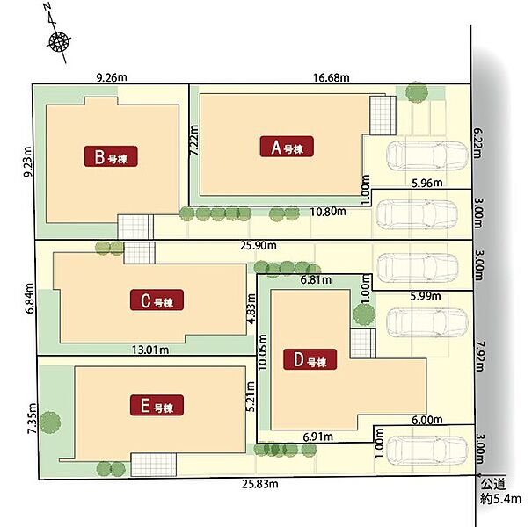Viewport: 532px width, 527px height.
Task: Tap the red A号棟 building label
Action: pyautogui.click(x=287, y=147)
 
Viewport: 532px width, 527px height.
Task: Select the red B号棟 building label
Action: pyautogui.click(x=111, y=156)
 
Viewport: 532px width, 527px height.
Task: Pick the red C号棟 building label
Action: pyautogui.click(x=157, y=300)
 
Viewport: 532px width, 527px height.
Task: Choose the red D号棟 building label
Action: pyautogui.click(x=310, y=359)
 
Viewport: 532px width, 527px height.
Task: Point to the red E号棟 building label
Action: pyautogui.click(x=157, y=405)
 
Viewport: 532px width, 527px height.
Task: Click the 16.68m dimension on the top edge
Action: pyautogui.click(x=331, y=77)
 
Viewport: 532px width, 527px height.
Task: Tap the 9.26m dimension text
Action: pyautogui.click(x=112, y=77)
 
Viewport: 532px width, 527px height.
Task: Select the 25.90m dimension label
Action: pyautogui.click(x=259, y=245)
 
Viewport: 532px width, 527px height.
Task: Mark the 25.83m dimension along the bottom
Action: pyautogui.click(x=260, y=484)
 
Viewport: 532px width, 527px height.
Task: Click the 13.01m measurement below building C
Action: pyautogui.click(x=150, y=350)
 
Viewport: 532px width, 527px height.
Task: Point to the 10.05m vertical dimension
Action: pyautogui.click(x=263, y=351)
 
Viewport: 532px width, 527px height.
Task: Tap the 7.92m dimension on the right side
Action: pyautogui.click(x=478, y=356)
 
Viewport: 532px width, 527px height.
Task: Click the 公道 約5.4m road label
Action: pyautogui.click(x=499, y=491)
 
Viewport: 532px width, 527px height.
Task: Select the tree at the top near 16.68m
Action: pyautogui.click(x=417, y=92)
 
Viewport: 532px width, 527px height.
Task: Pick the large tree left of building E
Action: pyautogui.click(x=50, y=422)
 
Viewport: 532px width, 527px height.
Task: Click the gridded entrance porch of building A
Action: pyautogui.click(x=383, y=116)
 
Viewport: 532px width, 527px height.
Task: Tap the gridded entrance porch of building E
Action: pyautogui.click(x=154, y=465)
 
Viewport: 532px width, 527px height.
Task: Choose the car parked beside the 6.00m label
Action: pyautogui.click(x=427, y=450)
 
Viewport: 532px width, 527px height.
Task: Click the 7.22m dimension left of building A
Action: pyautogui.click(x=194, y=141)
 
